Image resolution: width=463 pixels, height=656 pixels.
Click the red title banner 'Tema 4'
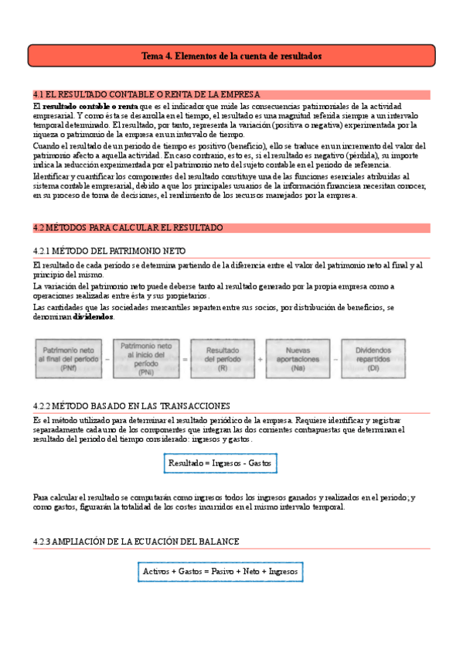(232, 56)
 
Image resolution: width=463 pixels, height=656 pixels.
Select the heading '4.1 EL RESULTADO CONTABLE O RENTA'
(147, 94)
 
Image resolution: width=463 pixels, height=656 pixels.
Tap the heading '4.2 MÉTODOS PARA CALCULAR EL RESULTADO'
(128, 228)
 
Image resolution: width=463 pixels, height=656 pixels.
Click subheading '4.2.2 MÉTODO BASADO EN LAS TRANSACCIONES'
(131, 405)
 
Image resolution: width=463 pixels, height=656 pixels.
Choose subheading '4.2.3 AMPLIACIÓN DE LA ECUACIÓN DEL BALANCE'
(136, 542)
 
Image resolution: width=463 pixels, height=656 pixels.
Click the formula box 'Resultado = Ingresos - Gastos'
(220, 463)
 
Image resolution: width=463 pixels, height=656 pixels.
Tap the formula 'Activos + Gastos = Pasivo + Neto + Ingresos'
(220, 572)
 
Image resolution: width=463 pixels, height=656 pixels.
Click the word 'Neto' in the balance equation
(252, 572)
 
